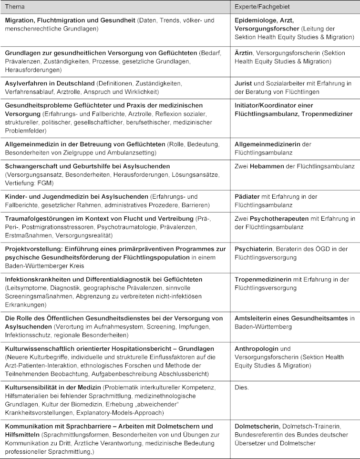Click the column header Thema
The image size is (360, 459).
coord(15,7)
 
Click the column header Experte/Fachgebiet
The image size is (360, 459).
coord(262,7)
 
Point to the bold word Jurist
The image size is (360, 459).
coord(243,83)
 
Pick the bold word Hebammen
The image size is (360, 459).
coord(268,166)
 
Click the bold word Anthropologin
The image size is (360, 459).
coord(257,349)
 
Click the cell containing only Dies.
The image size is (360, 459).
coord(242,388)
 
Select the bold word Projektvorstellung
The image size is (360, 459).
coord(35,249)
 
